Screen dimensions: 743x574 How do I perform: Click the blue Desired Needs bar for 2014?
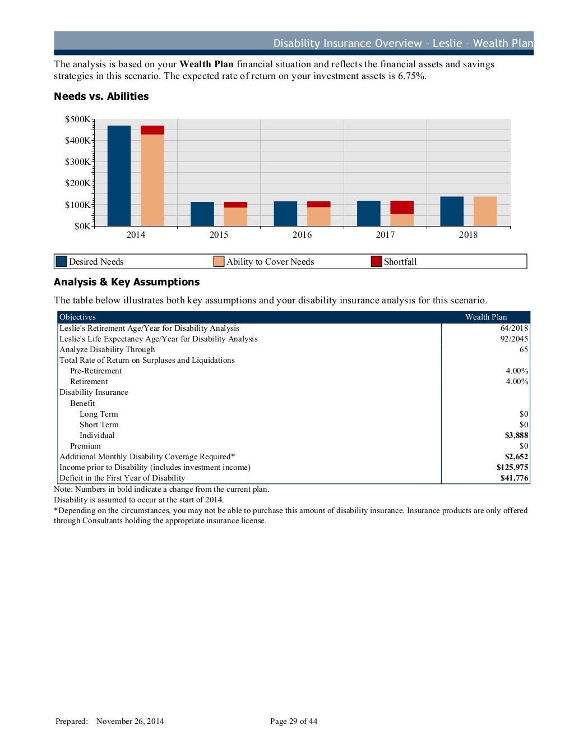tap(119, 176)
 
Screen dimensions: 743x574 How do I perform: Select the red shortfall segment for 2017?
tap(402, 207)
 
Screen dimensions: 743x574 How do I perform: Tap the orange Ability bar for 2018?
tap(485, 211)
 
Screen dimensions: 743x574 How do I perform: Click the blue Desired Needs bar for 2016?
tap(285, 214)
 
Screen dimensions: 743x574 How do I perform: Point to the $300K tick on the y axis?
tap(78, 162)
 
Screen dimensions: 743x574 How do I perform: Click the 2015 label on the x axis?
tap(219, 235)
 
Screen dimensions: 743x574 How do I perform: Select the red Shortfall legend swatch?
tap(376, 261)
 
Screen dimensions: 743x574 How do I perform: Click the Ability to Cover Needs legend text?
tap(270, 262)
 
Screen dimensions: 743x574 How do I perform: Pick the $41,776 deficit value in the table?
tap(514, 478)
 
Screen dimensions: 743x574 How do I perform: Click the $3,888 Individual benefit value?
tap(516, 436)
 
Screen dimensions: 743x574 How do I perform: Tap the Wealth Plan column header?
tap(485, 317)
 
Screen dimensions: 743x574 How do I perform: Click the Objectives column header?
tap(77, 317)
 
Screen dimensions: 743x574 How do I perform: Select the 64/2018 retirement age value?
tap(514, 329)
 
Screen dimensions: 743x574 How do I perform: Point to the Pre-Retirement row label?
tap(96, 371)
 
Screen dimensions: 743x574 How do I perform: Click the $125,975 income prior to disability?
tap(512, 468)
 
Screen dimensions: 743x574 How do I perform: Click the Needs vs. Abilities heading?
tap(101, 96)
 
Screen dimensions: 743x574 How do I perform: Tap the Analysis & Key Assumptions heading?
tap(127, 282)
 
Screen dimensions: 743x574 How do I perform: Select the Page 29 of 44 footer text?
tap(293, 722)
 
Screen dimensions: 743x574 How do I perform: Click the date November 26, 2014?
tap(130, 722)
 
